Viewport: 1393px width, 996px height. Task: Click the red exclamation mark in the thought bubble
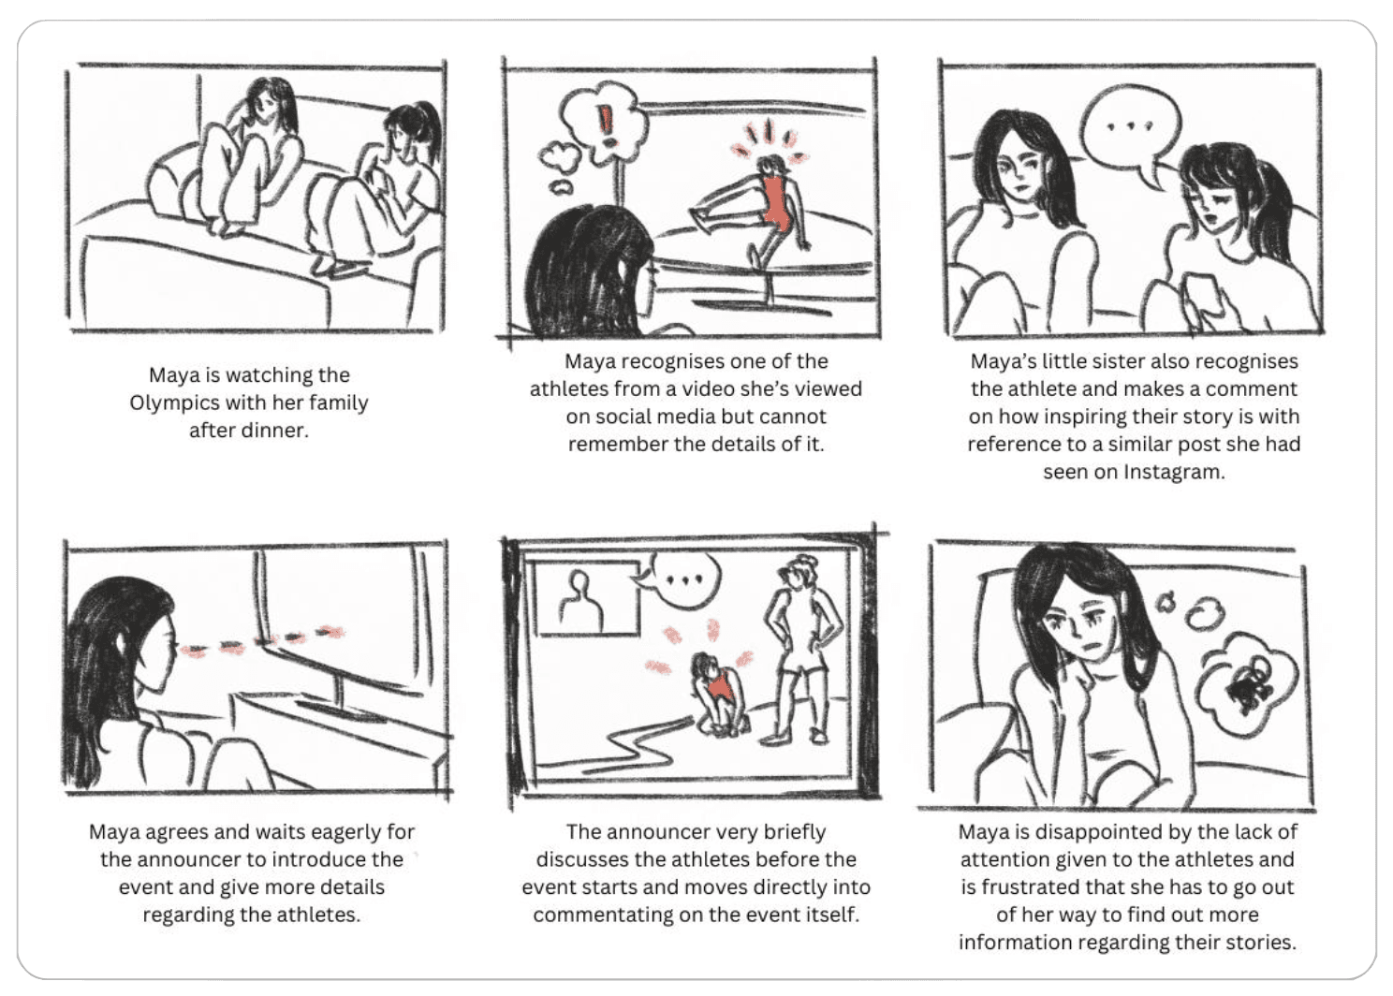tap(606, 126)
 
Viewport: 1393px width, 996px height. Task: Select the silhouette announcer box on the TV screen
tap(587, 598)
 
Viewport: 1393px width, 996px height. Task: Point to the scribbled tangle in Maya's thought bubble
tap(1249, 688)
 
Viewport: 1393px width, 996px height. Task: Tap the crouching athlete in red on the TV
tap(720, 695)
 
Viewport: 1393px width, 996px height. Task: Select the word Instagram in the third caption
tap(1174, 473)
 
